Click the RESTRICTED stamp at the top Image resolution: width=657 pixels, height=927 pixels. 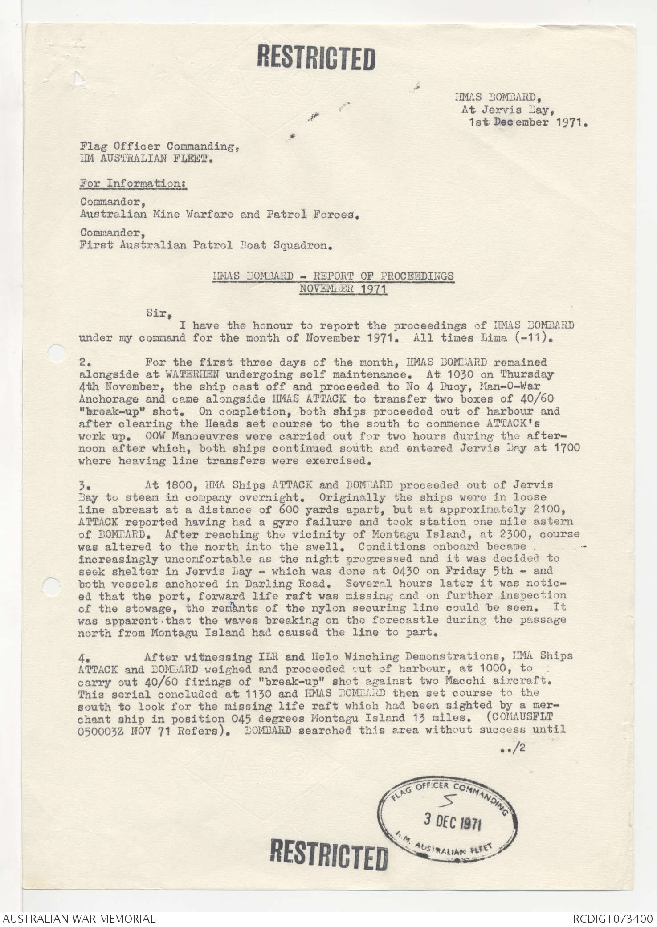(317, 58)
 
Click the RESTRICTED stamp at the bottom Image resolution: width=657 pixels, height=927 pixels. (329, 854)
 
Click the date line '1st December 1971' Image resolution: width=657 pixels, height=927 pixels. (528, 122)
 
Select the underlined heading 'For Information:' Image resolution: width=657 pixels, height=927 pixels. (133, 183)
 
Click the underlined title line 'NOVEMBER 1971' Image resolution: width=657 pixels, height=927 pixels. (343, 289)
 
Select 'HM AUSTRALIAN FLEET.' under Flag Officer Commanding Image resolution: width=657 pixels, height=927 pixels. (146, 158)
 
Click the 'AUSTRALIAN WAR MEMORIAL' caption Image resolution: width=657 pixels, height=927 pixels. (79, 918)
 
